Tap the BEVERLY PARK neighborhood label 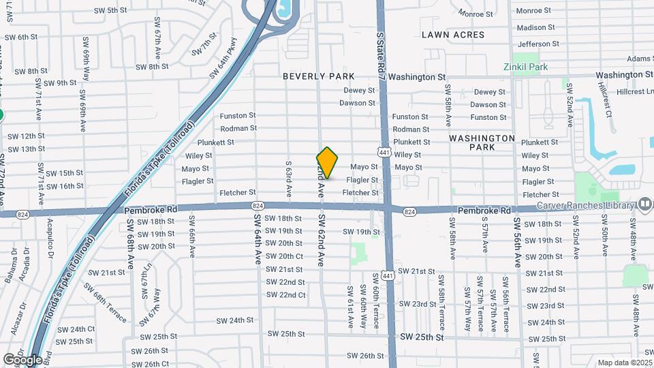(320, 77)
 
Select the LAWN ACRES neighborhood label (453, 35)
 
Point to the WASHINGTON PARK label (482, 142)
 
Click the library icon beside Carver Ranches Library (645, 204)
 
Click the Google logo (22, 360)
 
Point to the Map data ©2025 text (625, 363)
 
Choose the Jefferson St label (538, 44)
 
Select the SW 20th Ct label (285, 256)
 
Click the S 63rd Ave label (289, 179)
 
